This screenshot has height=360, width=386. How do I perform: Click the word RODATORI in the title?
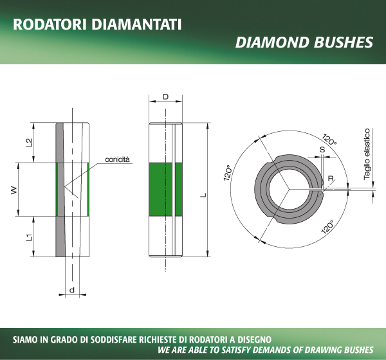click(x=50, y=24)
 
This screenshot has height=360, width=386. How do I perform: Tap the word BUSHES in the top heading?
click(x=344, y=42)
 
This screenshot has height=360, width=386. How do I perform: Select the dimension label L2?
click(x=29, y=143)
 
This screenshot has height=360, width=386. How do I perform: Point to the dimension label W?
click(x=14, y=190)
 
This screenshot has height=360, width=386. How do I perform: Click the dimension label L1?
click(x=29, y=237)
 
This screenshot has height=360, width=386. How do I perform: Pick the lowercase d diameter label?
click(x=72, y=290)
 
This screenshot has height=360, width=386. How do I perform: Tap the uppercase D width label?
click(x=166, y=96)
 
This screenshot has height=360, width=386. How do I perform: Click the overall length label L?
click(x=203, y=195)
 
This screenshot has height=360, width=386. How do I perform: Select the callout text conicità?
click(x=117, y=159)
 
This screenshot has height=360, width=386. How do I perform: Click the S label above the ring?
click(x=322, y=149)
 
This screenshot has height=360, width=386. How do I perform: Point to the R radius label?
click(x=331, y=179)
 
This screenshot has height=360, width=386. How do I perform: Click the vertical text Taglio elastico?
click(x=367, y=154)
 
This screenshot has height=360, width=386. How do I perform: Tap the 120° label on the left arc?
click(x=228, y=173)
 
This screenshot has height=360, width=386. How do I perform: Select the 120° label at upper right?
click(x=329, y=139)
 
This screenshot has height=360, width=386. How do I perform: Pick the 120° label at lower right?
click(x=328, y=227)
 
